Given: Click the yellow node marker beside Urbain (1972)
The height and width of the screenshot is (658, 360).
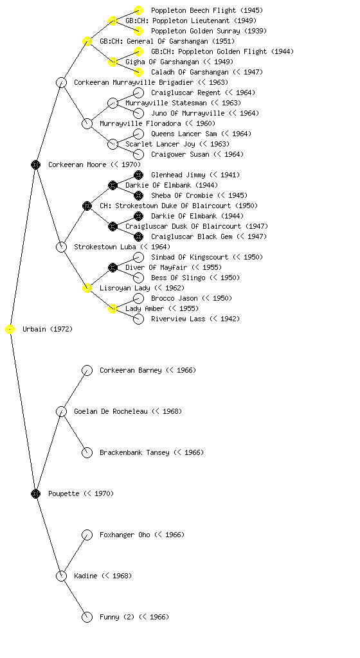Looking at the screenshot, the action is coord(10,330).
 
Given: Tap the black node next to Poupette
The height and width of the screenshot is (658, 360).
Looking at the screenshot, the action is coord(35,494).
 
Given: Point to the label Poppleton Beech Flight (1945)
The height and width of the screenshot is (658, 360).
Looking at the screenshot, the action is coord(207,10).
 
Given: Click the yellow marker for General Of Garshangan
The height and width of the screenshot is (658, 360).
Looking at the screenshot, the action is coord(87,42).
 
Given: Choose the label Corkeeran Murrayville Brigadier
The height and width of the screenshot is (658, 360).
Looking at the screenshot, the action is coord(134,83).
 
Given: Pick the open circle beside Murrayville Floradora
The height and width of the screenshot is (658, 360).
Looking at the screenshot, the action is coord(87,124).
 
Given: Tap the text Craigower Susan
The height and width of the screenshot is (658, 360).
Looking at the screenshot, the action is coord(180,154).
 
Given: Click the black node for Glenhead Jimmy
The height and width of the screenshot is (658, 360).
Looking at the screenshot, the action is coord(138,175).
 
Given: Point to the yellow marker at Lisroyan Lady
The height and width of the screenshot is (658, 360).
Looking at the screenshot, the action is coord(87,289).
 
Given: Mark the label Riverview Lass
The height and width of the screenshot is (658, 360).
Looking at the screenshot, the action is coord(178,319).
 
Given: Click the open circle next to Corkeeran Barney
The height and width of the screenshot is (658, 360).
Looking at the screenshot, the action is coord(87,371).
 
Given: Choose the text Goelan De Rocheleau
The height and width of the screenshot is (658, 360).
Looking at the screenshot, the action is coord(111,412).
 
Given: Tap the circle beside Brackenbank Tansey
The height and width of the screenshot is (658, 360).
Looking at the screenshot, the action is coord(87,453).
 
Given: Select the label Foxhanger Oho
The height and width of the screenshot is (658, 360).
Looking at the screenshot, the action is coord(125,535).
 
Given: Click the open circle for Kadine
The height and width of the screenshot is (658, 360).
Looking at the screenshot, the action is coord(61,576).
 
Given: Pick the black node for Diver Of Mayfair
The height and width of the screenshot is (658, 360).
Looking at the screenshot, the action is coord(113,268).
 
